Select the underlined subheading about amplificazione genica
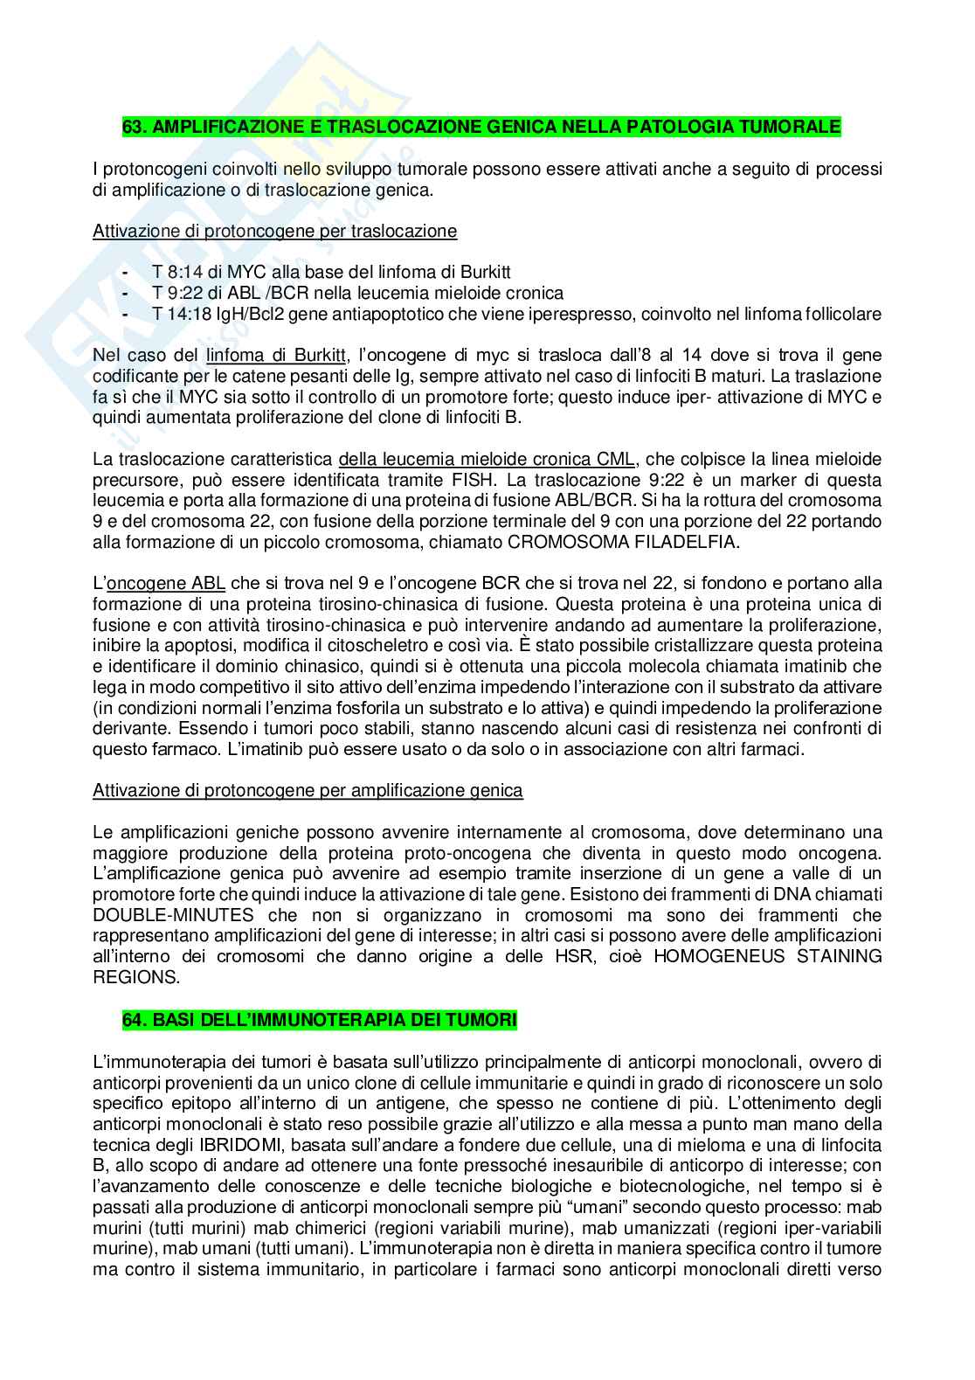pyautogui.click(x=308, y=790)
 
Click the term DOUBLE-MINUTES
pyautogui.click(x=174, y=915)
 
